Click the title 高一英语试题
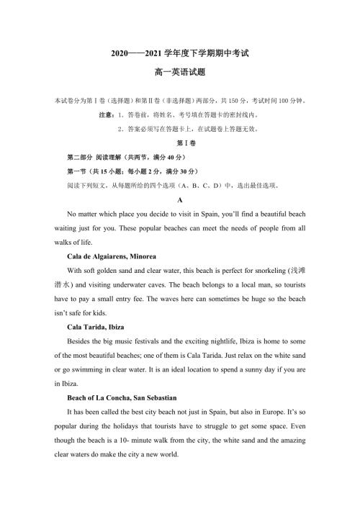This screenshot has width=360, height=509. click(x=179, y=73)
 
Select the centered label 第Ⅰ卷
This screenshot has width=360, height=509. click(x=179, y=143)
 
